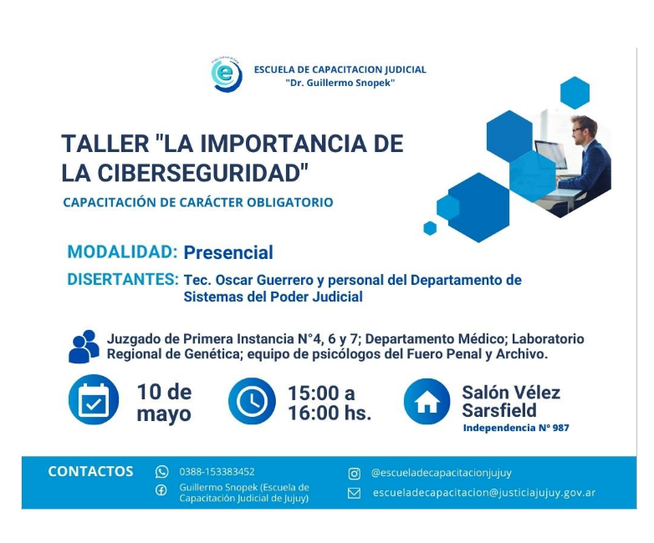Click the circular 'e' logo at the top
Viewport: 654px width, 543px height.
[227, 74]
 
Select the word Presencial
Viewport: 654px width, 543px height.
[228, 252]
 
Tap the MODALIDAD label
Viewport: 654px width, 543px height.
[123, 252]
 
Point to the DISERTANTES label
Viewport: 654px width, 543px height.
[123, 280]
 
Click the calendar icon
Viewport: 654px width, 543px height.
[94, 399]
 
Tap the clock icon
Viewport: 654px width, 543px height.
[252, 401]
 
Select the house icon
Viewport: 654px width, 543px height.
[427, 401]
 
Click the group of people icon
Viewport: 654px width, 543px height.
[84, 347]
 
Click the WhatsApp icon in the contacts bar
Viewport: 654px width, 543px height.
[162, 472]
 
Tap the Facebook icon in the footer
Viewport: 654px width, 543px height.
[161, 490]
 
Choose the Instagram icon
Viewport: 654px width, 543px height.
[354, 474]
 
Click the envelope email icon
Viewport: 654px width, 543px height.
[354, 494]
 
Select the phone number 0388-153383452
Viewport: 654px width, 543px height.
[217, 472]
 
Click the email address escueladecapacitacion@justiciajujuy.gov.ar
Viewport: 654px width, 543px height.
[484, 493]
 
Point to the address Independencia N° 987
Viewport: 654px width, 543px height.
[516, 428]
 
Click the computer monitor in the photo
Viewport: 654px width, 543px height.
[549, 155]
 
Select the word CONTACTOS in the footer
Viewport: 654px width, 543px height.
[90, 471]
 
